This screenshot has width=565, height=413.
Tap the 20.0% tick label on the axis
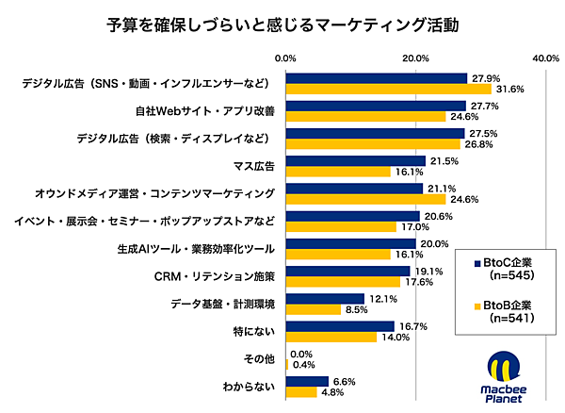[x=416, y=58]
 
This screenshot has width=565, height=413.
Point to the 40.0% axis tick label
[x=546, y=58]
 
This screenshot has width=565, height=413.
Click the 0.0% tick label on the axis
[x=287, y=58]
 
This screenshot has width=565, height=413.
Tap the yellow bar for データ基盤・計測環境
[x=314, y=309]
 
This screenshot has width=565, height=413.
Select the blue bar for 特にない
[x=341, y=326]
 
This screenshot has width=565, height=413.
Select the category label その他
[x=256, y=359]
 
